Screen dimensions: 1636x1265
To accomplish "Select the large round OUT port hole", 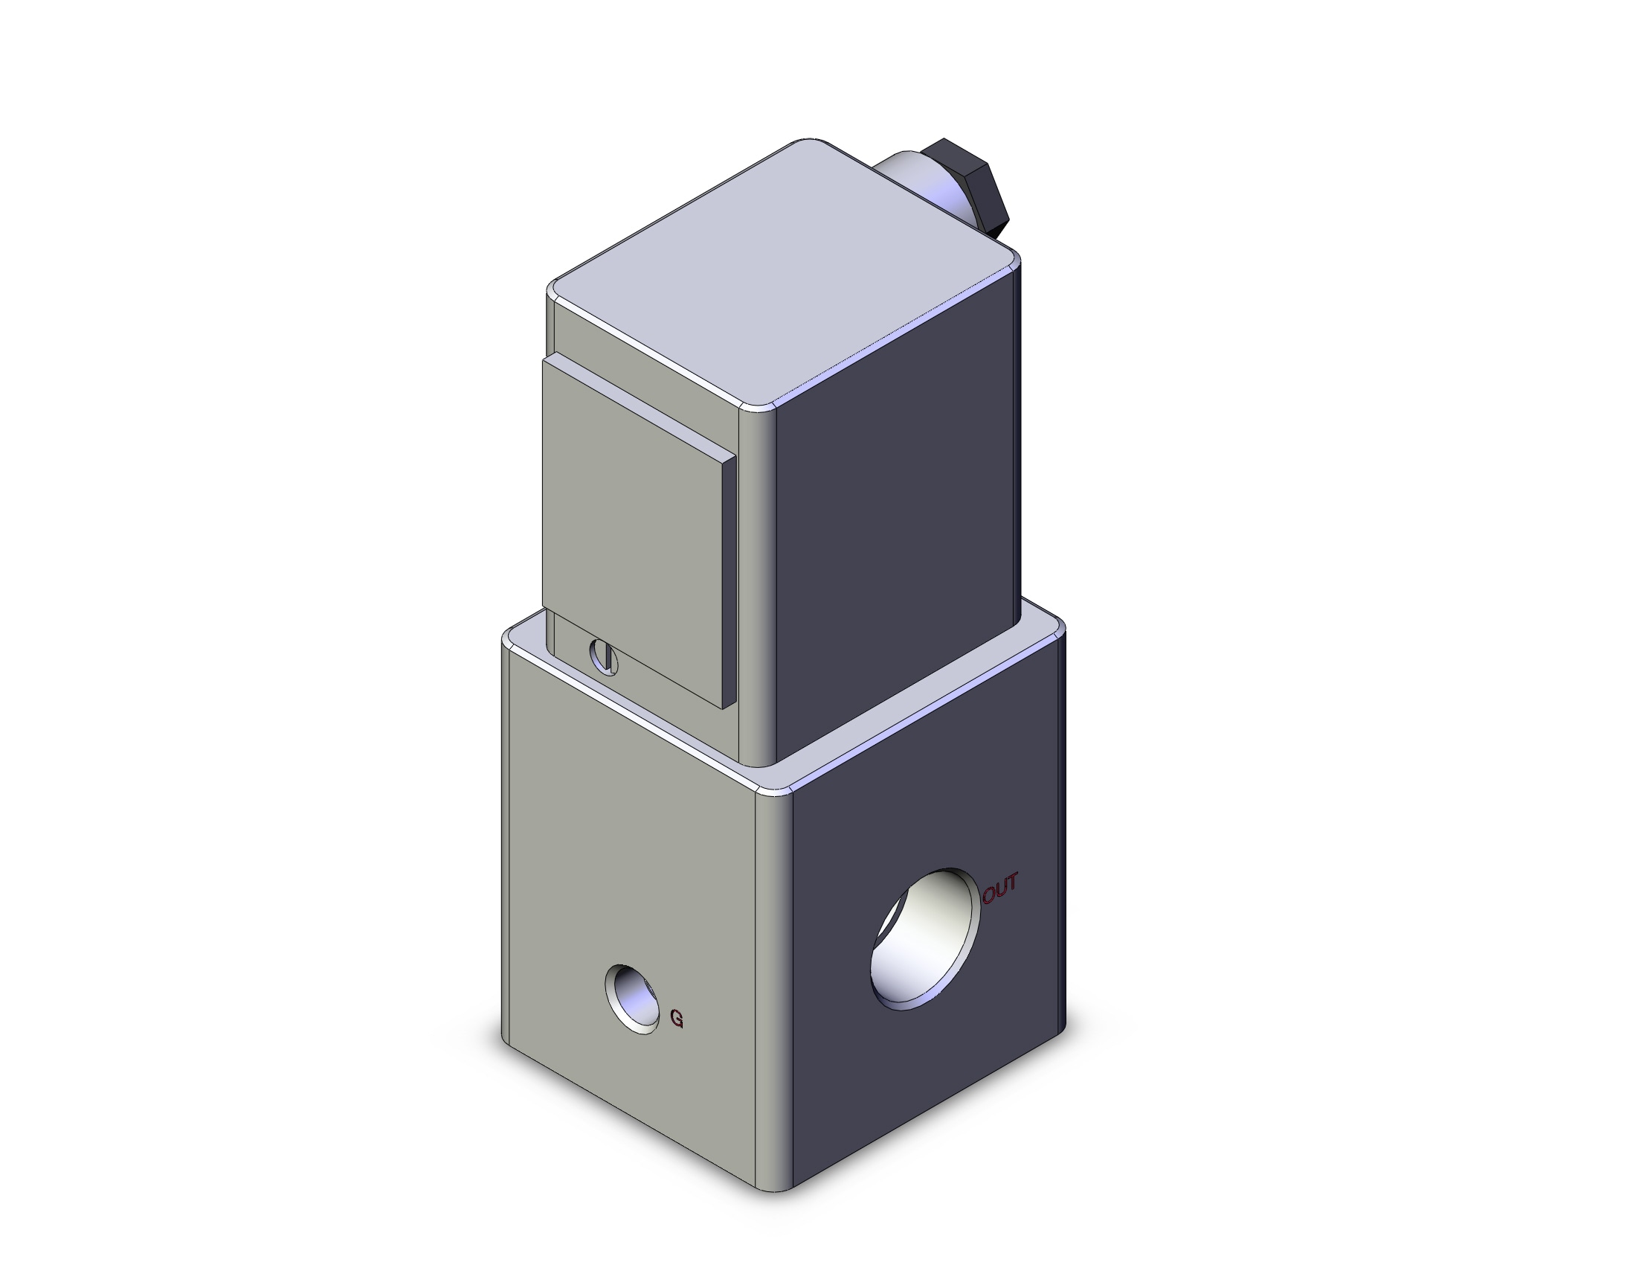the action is (x=925, y=939).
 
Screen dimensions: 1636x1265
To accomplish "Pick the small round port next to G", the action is (x=633, y=999).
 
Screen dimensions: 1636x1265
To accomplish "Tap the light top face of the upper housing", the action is (x=783, y=274).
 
